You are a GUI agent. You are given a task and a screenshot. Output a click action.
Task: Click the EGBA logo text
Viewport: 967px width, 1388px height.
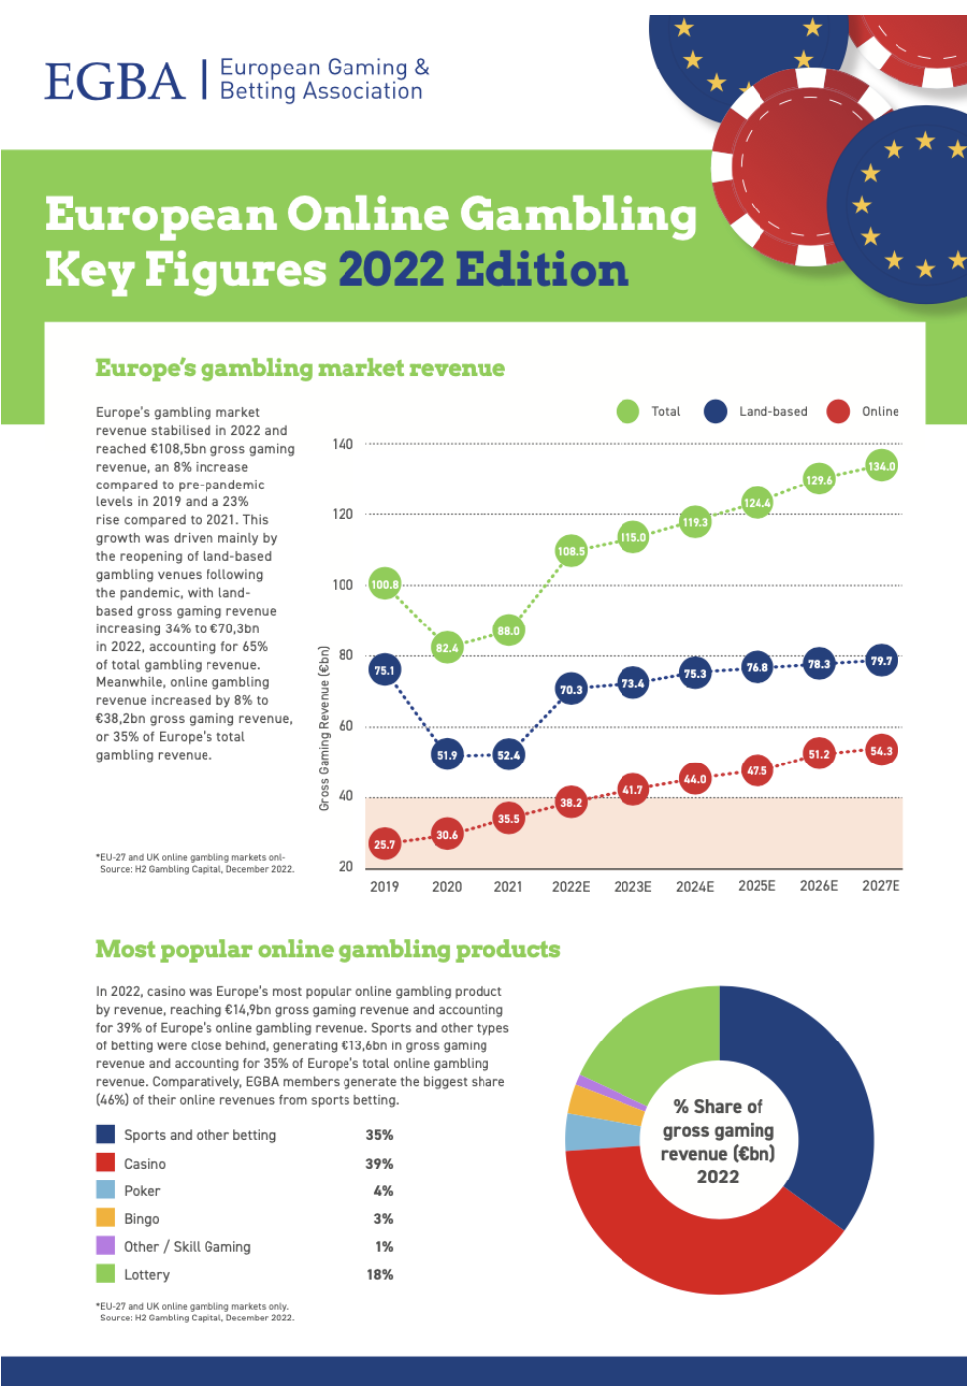(114, 81)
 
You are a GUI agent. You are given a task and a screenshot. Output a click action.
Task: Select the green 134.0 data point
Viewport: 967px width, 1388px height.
(881, 466)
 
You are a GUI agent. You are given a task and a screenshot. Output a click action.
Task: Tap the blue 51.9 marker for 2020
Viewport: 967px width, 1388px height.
(447, 755)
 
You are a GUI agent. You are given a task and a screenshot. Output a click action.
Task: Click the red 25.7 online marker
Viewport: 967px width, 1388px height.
(384, 845)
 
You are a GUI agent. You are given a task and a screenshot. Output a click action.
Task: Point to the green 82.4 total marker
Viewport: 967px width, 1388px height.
(447, 648)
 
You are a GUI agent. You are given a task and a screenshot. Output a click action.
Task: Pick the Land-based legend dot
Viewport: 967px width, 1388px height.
(715, 411)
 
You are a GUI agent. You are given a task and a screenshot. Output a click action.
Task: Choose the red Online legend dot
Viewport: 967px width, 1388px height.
(838, 411)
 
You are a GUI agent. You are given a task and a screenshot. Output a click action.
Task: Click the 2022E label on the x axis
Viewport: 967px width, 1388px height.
(571, 886)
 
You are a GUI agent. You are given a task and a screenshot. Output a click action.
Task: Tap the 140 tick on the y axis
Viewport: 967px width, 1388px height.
(343, 444)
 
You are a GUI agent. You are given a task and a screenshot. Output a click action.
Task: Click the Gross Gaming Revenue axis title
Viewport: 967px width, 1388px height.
(324, 728)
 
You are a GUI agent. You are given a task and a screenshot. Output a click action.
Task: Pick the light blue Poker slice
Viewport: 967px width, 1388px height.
(590, 1132)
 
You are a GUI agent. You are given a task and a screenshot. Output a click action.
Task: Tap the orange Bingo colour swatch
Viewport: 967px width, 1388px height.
(106, 1218)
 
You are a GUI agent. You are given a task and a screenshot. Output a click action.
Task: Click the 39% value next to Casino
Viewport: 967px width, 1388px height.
(379, 1163)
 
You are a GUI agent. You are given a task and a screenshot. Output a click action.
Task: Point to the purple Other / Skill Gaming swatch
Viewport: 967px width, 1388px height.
(106, 1246)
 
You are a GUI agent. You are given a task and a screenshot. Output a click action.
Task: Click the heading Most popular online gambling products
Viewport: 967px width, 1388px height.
(328, 949)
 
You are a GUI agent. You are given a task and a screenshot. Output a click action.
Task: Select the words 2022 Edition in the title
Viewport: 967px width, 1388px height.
(483, 270)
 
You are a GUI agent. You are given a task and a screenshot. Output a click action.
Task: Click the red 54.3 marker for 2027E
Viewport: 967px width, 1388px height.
(881, 751)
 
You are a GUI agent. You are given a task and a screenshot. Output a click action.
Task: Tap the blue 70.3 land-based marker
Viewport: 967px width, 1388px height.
(571, 690)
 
